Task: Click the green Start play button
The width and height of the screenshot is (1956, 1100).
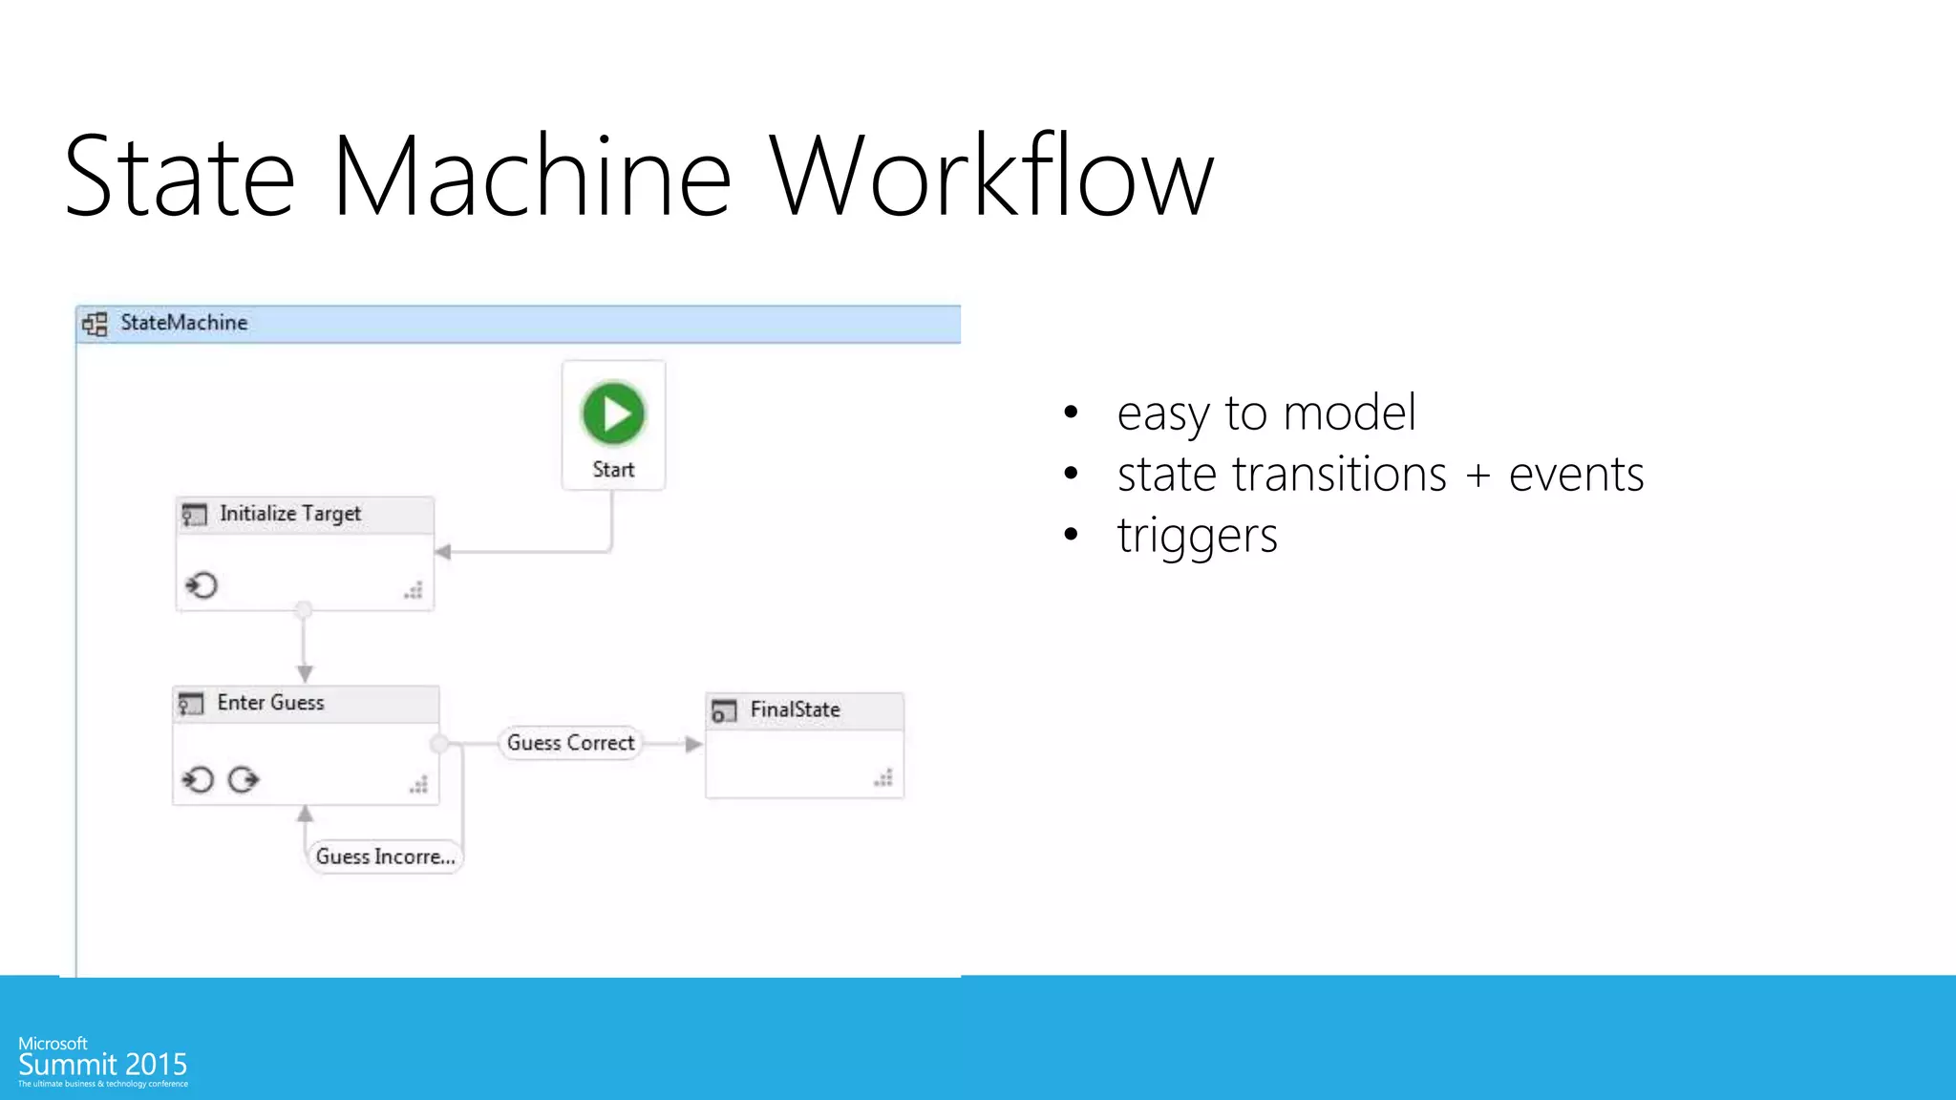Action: (x=613, y=413)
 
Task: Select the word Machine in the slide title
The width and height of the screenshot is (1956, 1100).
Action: (x=531, y=177)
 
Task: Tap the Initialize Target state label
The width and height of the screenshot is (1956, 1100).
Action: (x=290, y=514)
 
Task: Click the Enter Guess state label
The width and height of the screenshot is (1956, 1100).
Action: (x=270, y=703)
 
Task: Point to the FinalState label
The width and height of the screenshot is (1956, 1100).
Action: (x=795, y=709)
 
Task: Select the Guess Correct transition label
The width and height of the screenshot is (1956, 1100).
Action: (x=570, y=743)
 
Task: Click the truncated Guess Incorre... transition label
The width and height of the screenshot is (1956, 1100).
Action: (x=385, y=857)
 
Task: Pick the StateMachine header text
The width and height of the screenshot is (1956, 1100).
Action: (x=183, y=323)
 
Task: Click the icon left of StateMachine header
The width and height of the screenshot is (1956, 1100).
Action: (x=95, y=324)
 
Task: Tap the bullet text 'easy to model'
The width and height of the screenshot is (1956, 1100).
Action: (x=1266, y=413)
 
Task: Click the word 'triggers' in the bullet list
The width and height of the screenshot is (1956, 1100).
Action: (x=1197, y=536)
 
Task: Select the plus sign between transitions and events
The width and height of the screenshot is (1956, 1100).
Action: (x=1478, y=476)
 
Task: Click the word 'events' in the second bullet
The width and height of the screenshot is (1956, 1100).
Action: (x=1576, y=475)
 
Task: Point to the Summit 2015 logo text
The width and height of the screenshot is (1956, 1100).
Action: (x=102, y=1064)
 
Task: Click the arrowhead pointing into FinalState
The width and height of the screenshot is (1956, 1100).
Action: (x=694, y=744)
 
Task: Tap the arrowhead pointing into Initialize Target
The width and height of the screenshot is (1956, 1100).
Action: (x=443, y=552)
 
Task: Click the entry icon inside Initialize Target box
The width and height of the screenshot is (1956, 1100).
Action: (x=202, y=584)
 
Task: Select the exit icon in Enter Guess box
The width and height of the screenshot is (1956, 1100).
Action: (x=244, y=780)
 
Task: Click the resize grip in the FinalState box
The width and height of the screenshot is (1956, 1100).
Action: (x=883, y=778)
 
